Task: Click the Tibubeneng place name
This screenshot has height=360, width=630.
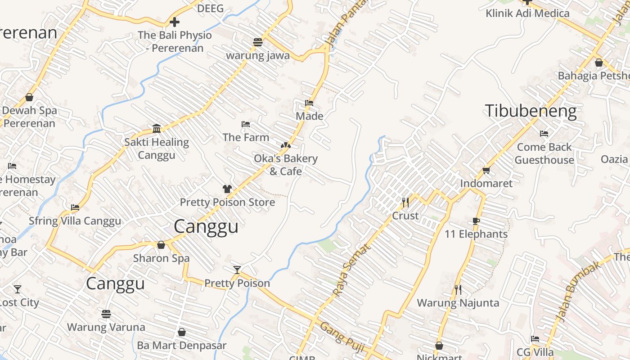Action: click(x=531, y=111)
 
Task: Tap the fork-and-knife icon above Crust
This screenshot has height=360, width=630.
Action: click(x=405, y=202)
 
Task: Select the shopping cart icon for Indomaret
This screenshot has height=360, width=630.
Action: click(x=486, y=170)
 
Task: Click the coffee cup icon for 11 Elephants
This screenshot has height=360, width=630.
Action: click(x=476, y=221)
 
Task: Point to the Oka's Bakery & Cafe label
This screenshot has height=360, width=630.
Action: click(x=285, y=165)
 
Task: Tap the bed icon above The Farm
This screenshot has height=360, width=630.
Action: click(x=246, y=124)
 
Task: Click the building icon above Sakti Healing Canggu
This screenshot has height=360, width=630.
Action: click(x=157, y=129)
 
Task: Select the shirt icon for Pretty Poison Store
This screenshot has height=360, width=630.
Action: click(x=227, y=189)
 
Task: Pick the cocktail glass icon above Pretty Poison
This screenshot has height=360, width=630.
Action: click(x=237, y=270)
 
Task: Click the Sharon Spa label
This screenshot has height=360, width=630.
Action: click(x=161, y=258)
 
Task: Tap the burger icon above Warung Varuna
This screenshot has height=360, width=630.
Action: click(x=106, y=314)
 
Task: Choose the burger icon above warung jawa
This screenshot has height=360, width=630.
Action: click(x=258, y=42)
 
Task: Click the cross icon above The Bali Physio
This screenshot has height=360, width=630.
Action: click(x=175, y=22)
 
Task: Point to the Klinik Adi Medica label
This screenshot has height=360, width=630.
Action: click(x=527, y=13)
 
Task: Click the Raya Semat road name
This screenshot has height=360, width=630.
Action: click(x=351, y=270)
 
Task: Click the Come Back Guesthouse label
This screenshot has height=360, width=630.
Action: click(x=544, y=153)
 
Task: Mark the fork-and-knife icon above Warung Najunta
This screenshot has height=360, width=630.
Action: click(x=458, y=289)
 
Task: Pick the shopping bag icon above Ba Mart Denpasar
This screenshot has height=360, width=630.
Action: click(x=182, y=332)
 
